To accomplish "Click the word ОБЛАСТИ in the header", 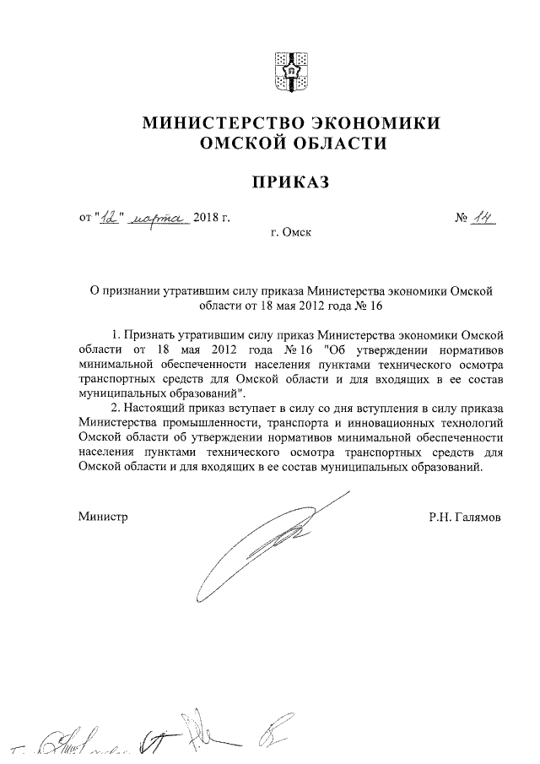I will pyautogui.click(x=337, y=144).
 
